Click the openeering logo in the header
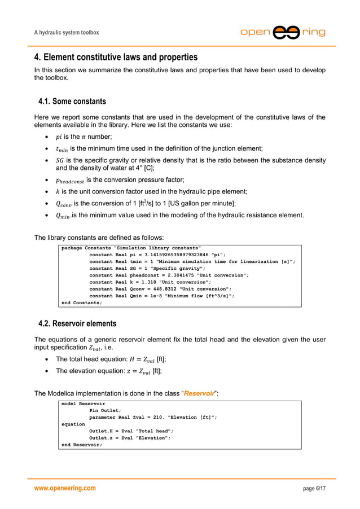pyautogui.click(x=283, y=32)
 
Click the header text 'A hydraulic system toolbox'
pyautogui.click(x=67, y=33)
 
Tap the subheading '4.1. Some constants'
pyautogui.click(x=72, y=102)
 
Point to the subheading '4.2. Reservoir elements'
pyautogui.click(x=77, y=323)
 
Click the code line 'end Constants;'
pyautogui.click(x=82, y=302)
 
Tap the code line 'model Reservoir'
pyautogui.click(x=83, y=404)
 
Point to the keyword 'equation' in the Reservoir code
pyautogui.click(x=73, y=424)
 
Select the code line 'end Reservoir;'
pyautogui.click(x=82, y=445)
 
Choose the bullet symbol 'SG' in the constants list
pyautogui.click(x=59, y=160)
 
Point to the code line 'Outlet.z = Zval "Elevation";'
pyautogui.click(x=129, y=437)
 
